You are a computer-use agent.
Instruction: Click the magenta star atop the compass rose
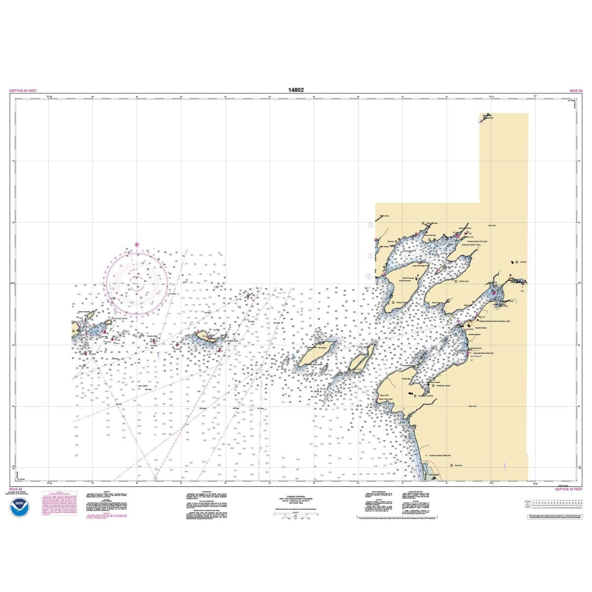coord(137,244)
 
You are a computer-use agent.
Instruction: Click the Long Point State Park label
coord(420,265)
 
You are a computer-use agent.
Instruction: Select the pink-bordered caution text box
coord(61,503)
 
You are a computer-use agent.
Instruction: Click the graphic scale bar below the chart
coord(295,514)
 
